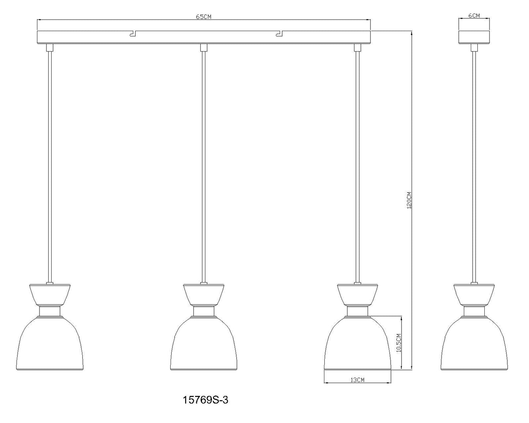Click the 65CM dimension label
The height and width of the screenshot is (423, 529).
(204, 17)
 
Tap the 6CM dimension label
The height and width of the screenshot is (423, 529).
(474, 15)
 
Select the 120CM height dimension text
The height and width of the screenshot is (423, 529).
(409, 200)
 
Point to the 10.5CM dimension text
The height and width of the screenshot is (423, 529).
(399, 342)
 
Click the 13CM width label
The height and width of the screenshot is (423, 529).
(357, 380)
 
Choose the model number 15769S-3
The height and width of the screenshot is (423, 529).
(205, 400)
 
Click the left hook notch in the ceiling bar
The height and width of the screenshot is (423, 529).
(132, 34)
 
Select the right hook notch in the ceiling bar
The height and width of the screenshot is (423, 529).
(279, 34)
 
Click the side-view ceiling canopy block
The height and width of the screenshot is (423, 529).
(474, 37)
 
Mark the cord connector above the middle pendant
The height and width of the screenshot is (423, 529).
(204, 48)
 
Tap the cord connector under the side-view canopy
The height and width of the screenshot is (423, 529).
(474, 48)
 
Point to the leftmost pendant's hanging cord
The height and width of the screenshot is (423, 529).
(50, 165)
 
